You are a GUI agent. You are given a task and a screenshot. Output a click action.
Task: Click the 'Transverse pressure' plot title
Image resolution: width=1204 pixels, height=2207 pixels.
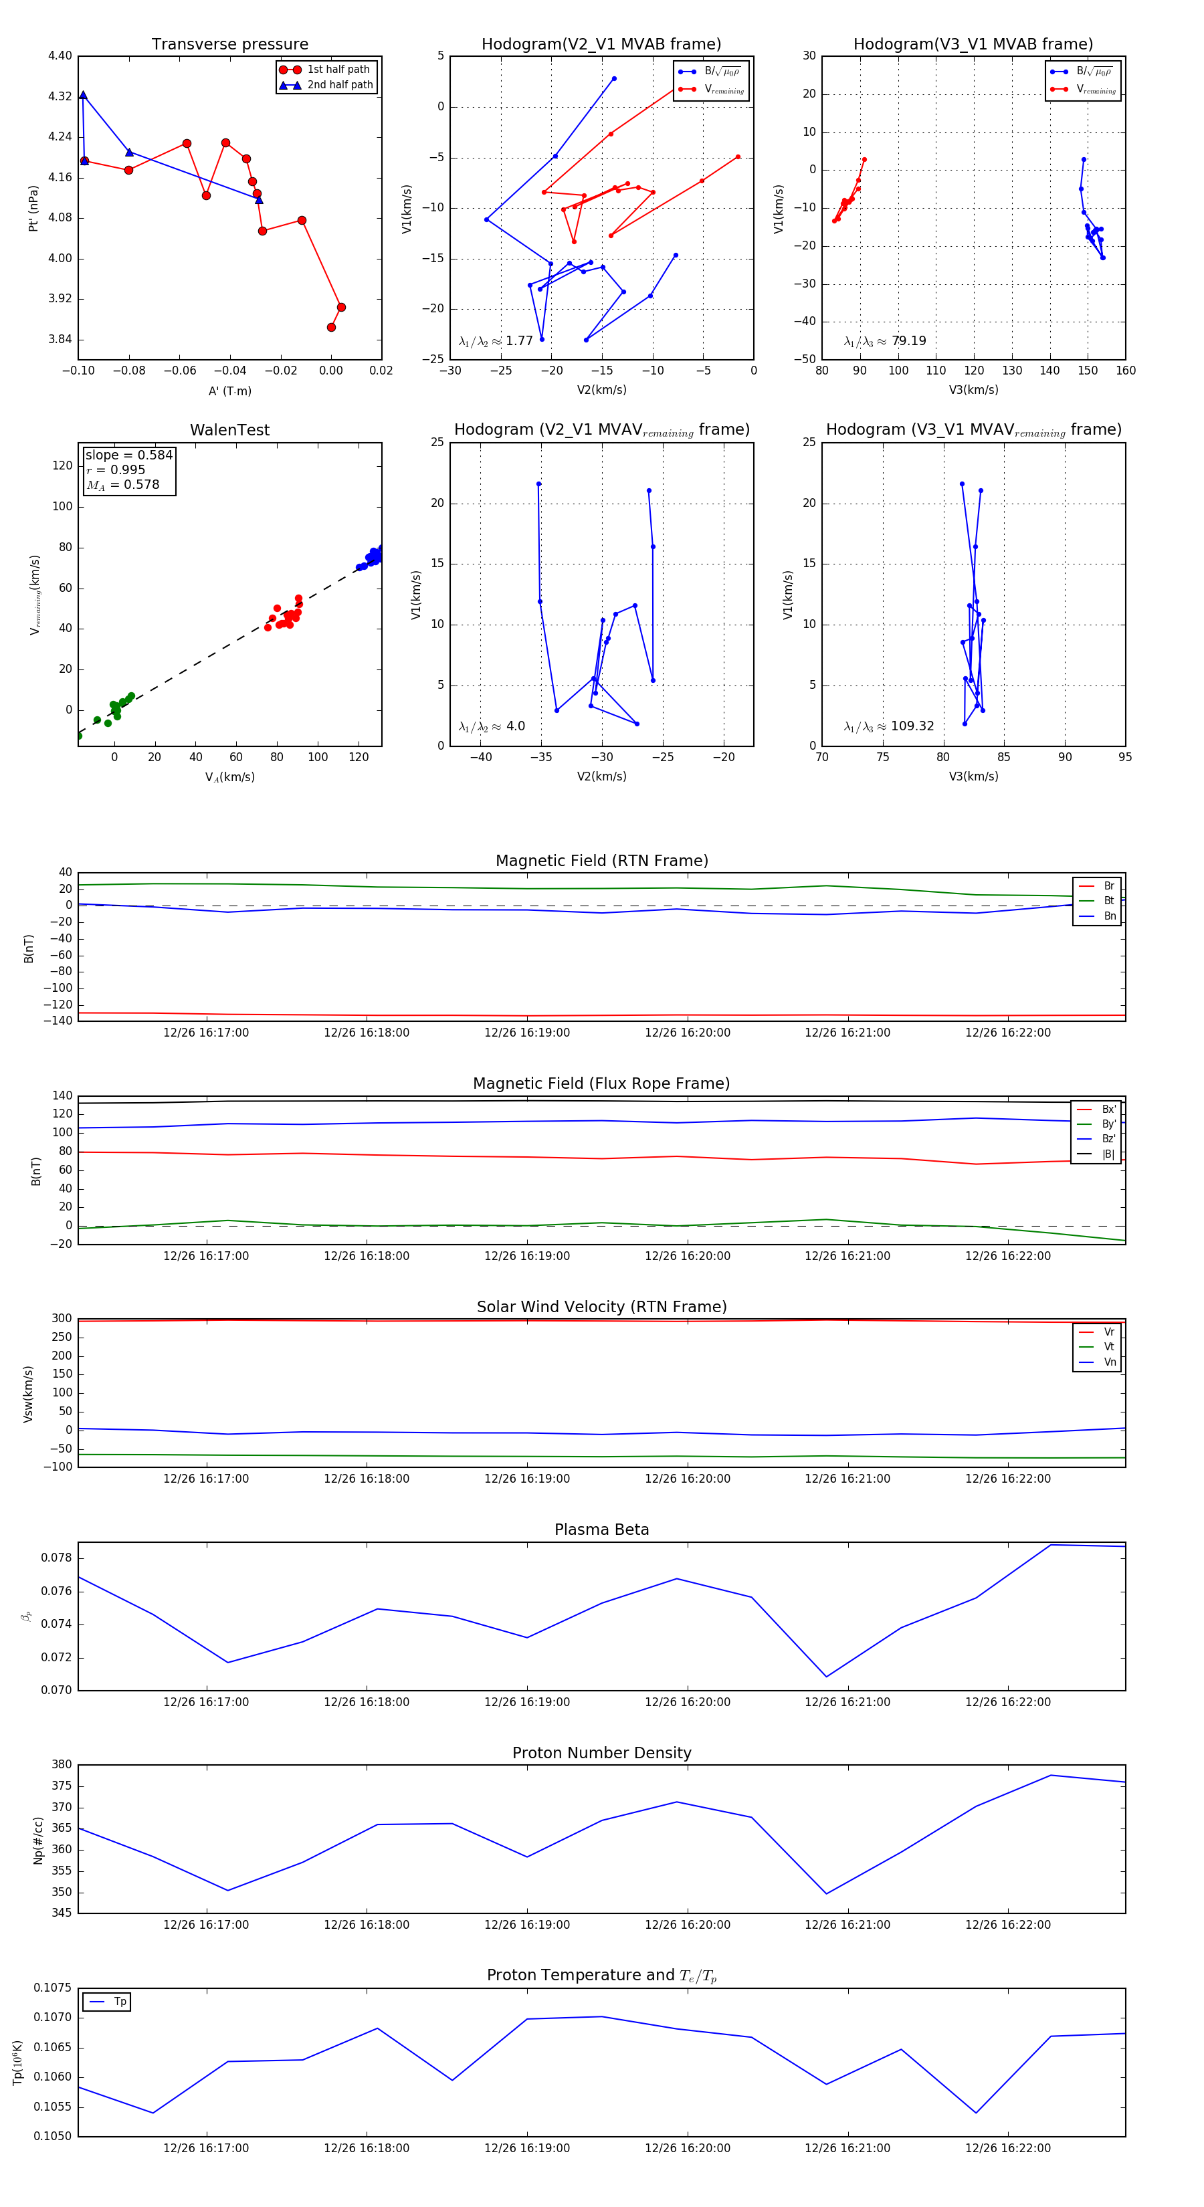coord(229,45)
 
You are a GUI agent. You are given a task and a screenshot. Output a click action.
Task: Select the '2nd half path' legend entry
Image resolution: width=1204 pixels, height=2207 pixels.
coord(339,85)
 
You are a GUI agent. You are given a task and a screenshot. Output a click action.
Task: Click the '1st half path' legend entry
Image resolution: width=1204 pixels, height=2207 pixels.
coord(338,70)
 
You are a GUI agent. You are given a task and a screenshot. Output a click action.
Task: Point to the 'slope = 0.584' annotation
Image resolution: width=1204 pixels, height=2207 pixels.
coord(128,455)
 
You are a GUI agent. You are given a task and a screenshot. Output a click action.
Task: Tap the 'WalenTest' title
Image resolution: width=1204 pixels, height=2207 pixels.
coord(229,430)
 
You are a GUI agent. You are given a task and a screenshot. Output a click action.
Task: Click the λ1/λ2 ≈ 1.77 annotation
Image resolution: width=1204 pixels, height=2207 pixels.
coord(495,341)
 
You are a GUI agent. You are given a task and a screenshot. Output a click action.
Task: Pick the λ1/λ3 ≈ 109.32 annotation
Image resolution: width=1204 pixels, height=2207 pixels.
coord(889,726)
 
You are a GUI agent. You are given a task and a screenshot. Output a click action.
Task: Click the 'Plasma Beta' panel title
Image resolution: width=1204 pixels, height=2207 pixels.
coord(601,1530)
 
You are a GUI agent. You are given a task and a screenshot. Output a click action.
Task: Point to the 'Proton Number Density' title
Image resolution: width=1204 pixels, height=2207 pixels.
coord(601,1753)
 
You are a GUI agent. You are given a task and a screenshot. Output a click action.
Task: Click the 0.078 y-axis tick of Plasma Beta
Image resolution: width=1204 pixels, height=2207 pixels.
coord(58,1558)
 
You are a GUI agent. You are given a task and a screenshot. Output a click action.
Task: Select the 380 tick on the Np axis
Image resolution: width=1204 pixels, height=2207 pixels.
coord(62,1764)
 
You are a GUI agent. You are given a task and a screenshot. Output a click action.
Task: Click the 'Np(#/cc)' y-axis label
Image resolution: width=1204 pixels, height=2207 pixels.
coord(37,1841)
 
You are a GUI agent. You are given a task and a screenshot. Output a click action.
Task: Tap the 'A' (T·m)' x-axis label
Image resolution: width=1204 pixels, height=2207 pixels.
coord(229,391)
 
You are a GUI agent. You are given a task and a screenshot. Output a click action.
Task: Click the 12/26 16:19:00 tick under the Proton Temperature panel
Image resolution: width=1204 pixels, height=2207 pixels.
coord(526,2148)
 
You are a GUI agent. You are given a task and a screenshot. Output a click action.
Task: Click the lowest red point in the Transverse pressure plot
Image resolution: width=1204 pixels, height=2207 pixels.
coord(331,327)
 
